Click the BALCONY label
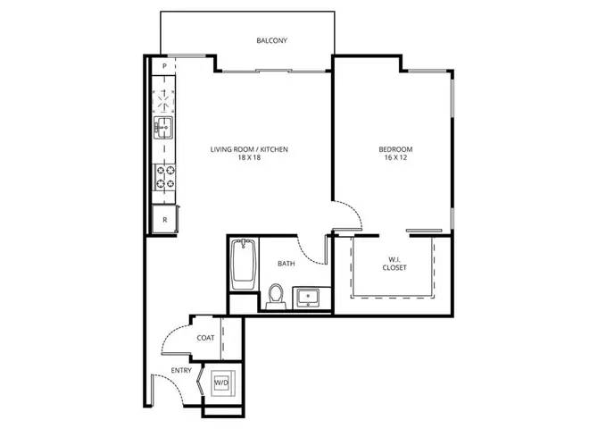(271, 40)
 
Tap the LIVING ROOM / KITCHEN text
(249, 149)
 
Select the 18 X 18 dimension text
(248, 157)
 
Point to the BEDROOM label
(395, 149)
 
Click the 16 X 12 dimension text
(395, 157)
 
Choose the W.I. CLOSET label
(395, 264)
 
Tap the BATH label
(286, 264)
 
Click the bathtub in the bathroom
(244, 265)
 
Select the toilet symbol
(276, 296)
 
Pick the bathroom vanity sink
(308, 298)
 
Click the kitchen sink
(163, 127)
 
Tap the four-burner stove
(165, 177)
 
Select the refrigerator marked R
(165, 219)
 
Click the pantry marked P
(164, 66)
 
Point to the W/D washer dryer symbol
(221, 383)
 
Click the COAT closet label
(205, 338)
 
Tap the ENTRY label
(181, 370)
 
